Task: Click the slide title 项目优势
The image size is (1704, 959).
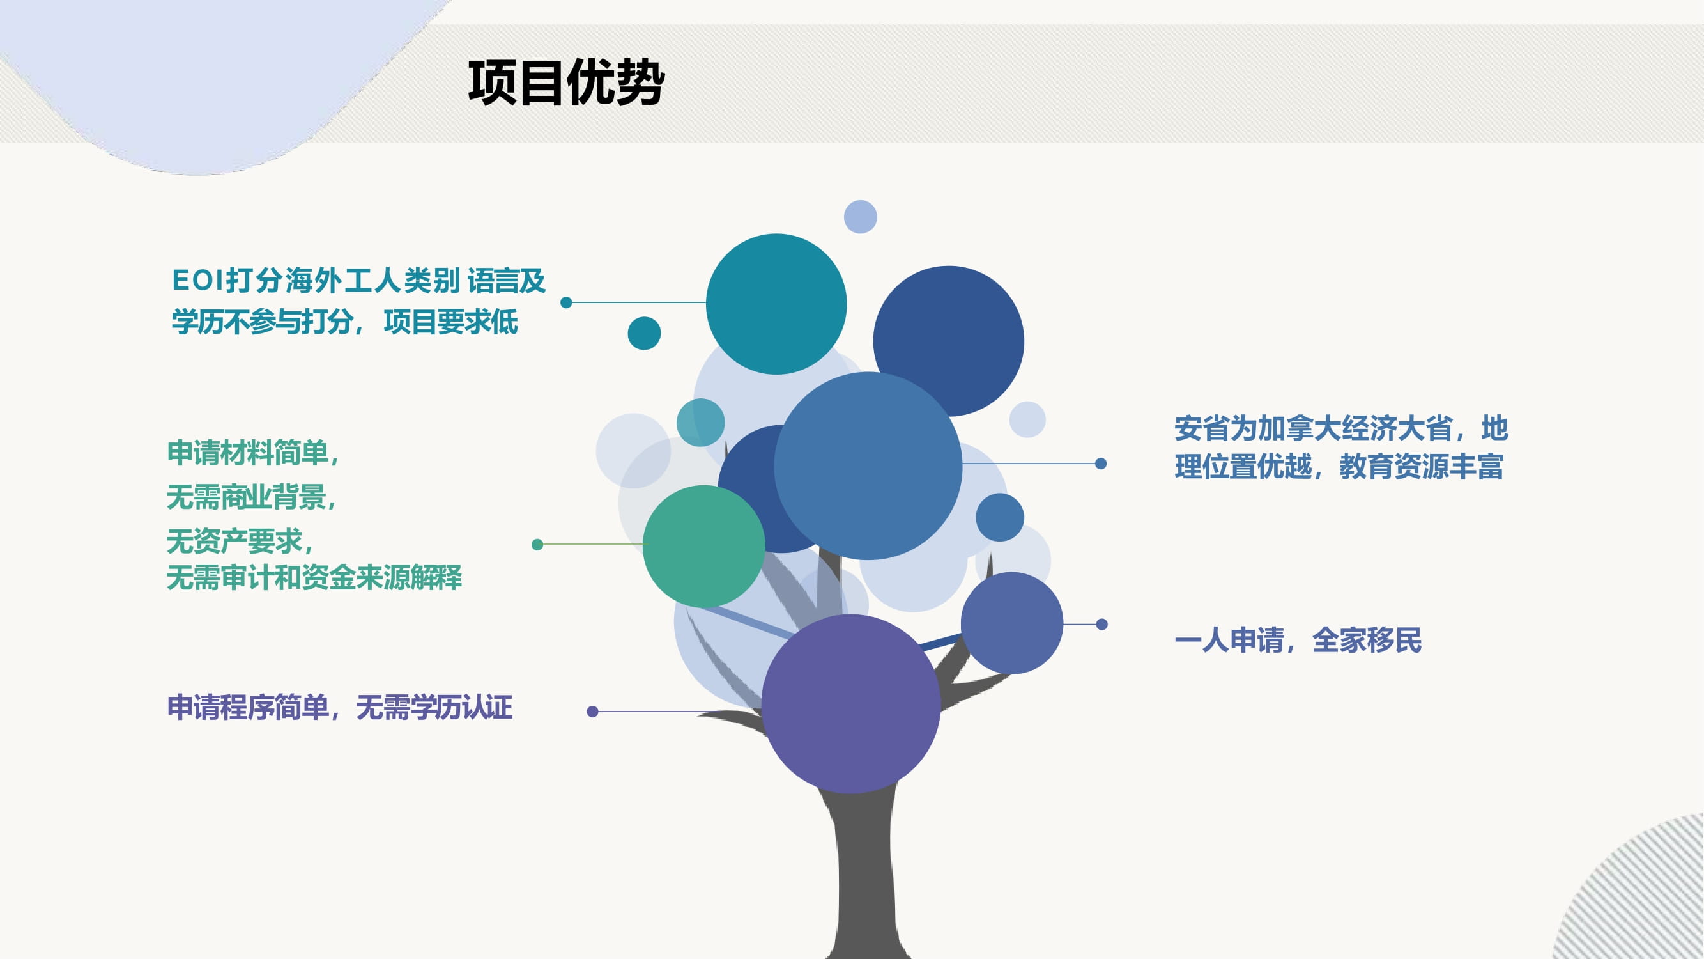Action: click(x=566, y=82)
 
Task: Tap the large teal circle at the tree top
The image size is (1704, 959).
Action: click(x=776, y=304)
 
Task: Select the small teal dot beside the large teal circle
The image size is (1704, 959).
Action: click(x=643, y=333)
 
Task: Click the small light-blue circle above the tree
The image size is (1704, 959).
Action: click(x=860, y=217)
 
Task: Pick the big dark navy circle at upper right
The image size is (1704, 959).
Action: click(x=949, y=341)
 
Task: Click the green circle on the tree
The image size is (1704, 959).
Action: click(x=704, y=546)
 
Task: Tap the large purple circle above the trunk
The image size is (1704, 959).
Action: click(x=850, y=703)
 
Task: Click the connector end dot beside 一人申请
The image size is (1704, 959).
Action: click(x=1101, y=624)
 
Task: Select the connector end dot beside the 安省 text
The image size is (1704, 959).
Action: click(x=1101, y=464)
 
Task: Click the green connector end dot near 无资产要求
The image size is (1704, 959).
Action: click(x=537, y=544)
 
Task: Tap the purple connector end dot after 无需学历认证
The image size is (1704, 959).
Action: click(x=592, y=712)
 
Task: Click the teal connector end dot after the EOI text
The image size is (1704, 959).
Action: click(x=565, y=302)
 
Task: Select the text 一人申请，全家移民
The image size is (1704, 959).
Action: click(x=1298, y=640)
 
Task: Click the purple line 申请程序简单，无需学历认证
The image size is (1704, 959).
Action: click(x=339, y=708)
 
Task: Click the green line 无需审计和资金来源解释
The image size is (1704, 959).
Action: click(x=314, y=577)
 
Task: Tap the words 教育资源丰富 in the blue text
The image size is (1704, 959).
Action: click(x=1421, y=467)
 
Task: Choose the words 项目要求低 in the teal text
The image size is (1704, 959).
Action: click(x=450, y=322)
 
